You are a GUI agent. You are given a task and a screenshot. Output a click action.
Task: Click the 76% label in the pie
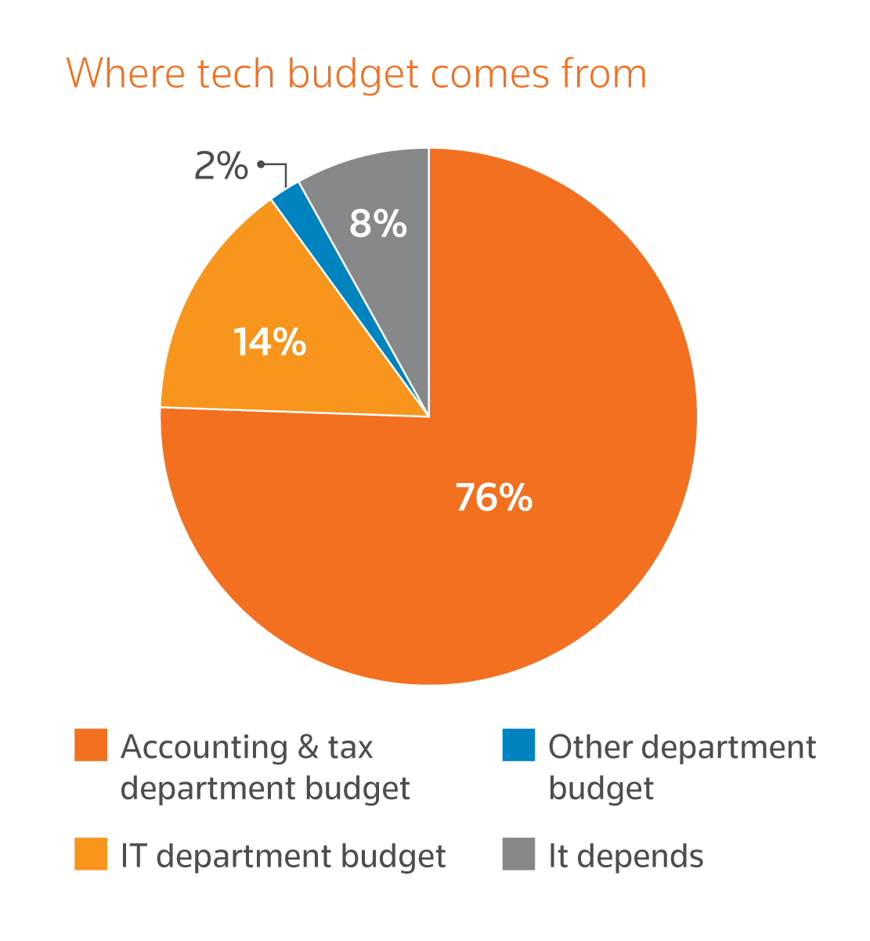[x=494, y=497]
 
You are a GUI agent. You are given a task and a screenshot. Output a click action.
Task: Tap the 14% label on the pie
[x=269, y=342]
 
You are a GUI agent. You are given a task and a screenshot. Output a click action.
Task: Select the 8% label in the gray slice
[x=377, y=224]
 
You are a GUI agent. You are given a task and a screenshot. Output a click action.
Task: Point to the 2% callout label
[x=221, y=166]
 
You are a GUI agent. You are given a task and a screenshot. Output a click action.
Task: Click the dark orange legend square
[x=91, y=745]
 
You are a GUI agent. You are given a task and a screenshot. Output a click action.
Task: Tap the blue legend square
[x=518, y=745]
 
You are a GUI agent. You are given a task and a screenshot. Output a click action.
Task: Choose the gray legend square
[x=518, y=854]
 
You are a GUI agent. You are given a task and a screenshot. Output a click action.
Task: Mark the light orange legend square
[x=91, y=854]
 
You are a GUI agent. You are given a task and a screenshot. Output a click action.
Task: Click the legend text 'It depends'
[x=626, y=856]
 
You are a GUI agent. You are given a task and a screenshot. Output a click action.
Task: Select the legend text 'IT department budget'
[x=283, y=856]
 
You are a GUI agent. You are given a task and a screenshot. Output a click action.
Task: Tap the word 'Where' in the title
[x=125, y=74]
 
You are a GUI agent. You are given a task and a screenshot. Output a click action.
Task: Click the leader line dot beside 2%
[x=260, y=164]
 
